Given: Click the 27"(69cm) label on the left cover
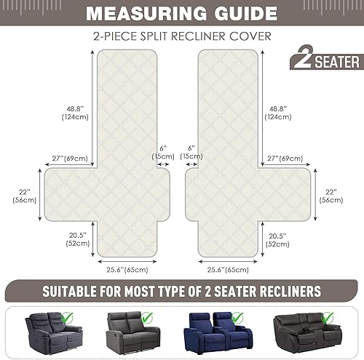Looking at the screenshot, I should click(71, 156).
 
